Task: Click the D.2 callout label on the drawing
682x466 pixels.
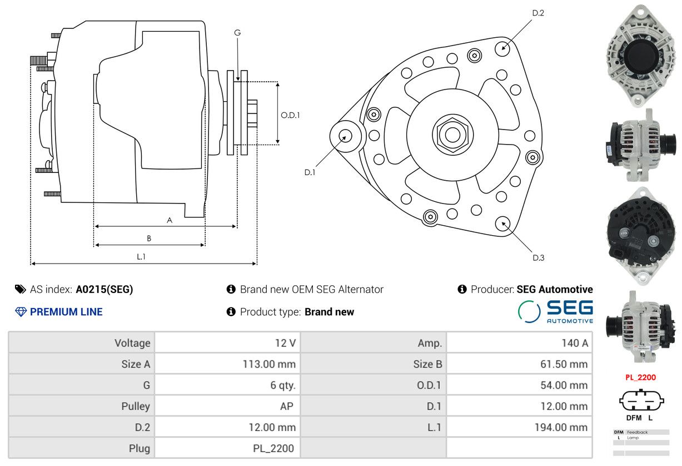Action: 537,13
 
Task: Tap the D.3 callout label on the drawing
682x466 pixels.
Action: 538,257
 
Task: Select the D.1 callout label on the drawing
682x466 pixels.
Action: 310,172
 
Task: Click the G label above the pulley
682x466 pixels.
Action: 237,33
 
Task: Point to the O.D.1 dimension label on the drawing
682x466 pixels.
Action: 290,115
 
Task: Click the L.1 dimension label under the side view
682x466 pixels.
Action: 141,256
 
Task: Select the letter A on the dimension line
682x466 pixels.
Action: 170,220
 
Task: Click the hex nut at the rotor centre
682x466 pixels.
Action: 452,134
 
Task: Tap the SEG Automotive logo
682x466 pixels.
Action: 555,311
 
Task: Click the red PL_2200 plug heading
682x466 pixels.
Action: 640,377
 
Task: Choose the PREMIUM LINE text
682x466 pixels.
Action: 66,312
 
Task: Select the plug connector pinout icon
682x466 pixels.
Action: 641,400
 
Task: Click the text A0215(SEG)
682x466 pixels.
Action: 104,289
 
